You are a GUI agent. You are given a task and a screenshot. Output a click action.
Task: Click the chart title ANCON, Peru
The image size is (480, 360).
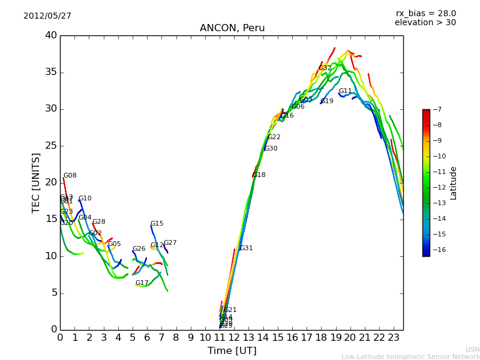click(x=232, y=28)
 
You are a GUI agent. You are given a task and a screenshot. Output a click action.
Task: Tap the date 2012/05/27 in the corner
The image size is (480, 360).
click(x=47, y=16)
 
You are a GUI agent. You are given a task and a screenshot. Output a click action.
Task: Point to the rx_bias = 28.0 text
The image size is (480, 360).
click(x=425, y=13)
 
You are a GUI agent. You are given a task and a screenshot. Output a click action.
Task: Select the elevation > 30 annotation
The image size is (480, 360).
click(x=425, y=23)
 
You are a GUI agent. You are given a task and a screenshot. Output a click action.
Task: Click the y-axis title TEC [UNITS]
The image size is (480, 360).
click(x=36, y=182)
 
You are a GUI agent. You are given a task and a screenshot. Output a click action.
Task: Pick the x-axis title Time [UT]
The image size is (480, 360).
click(x=232, y=350)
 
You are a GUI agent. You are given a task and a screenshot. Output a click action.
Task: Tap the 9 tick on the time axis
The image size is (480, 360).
click(x=191, y=338)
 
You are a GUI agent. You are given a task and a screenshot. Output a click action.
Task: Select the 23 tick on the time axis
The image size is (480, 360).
click(x=394, y=338)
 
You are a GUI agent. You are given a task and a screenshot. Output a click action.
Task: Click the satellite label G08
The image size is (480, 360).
click(x=70, y=176)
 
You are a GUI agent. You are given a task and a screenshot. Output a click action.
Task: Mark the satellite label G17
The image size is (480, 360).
click(x=142, y=283)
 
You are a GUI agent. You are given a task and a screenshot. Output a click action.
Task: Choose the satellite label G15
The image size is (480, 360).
click(x=157, y=224)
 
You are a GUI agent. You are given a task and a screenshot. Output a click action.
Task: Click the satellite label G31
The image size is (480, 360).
click(x=246, y=248)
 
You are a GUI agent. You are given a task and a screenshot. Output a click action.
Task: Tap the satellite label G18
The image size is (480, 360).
click(x=259, y=175)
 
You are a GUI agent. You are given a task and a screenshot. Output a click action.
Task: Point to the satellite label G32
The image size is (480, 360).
click(x=325, y=68)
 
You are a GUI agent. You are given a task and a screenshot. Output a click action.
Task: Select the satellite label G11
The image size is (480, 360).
click(x=345, y=91)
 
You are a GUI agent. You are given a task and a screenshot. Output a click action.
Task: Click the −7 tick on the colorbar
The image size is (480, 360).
click(x=436, y=110)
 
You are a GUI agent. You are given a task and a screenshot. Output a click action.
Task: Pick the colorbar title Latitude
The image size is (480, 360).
click(x=454, y=183)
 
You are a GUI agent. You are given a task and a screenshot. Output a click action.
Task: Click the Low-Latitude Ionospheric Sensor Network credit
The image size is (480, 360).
click(x=410, y=356)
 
